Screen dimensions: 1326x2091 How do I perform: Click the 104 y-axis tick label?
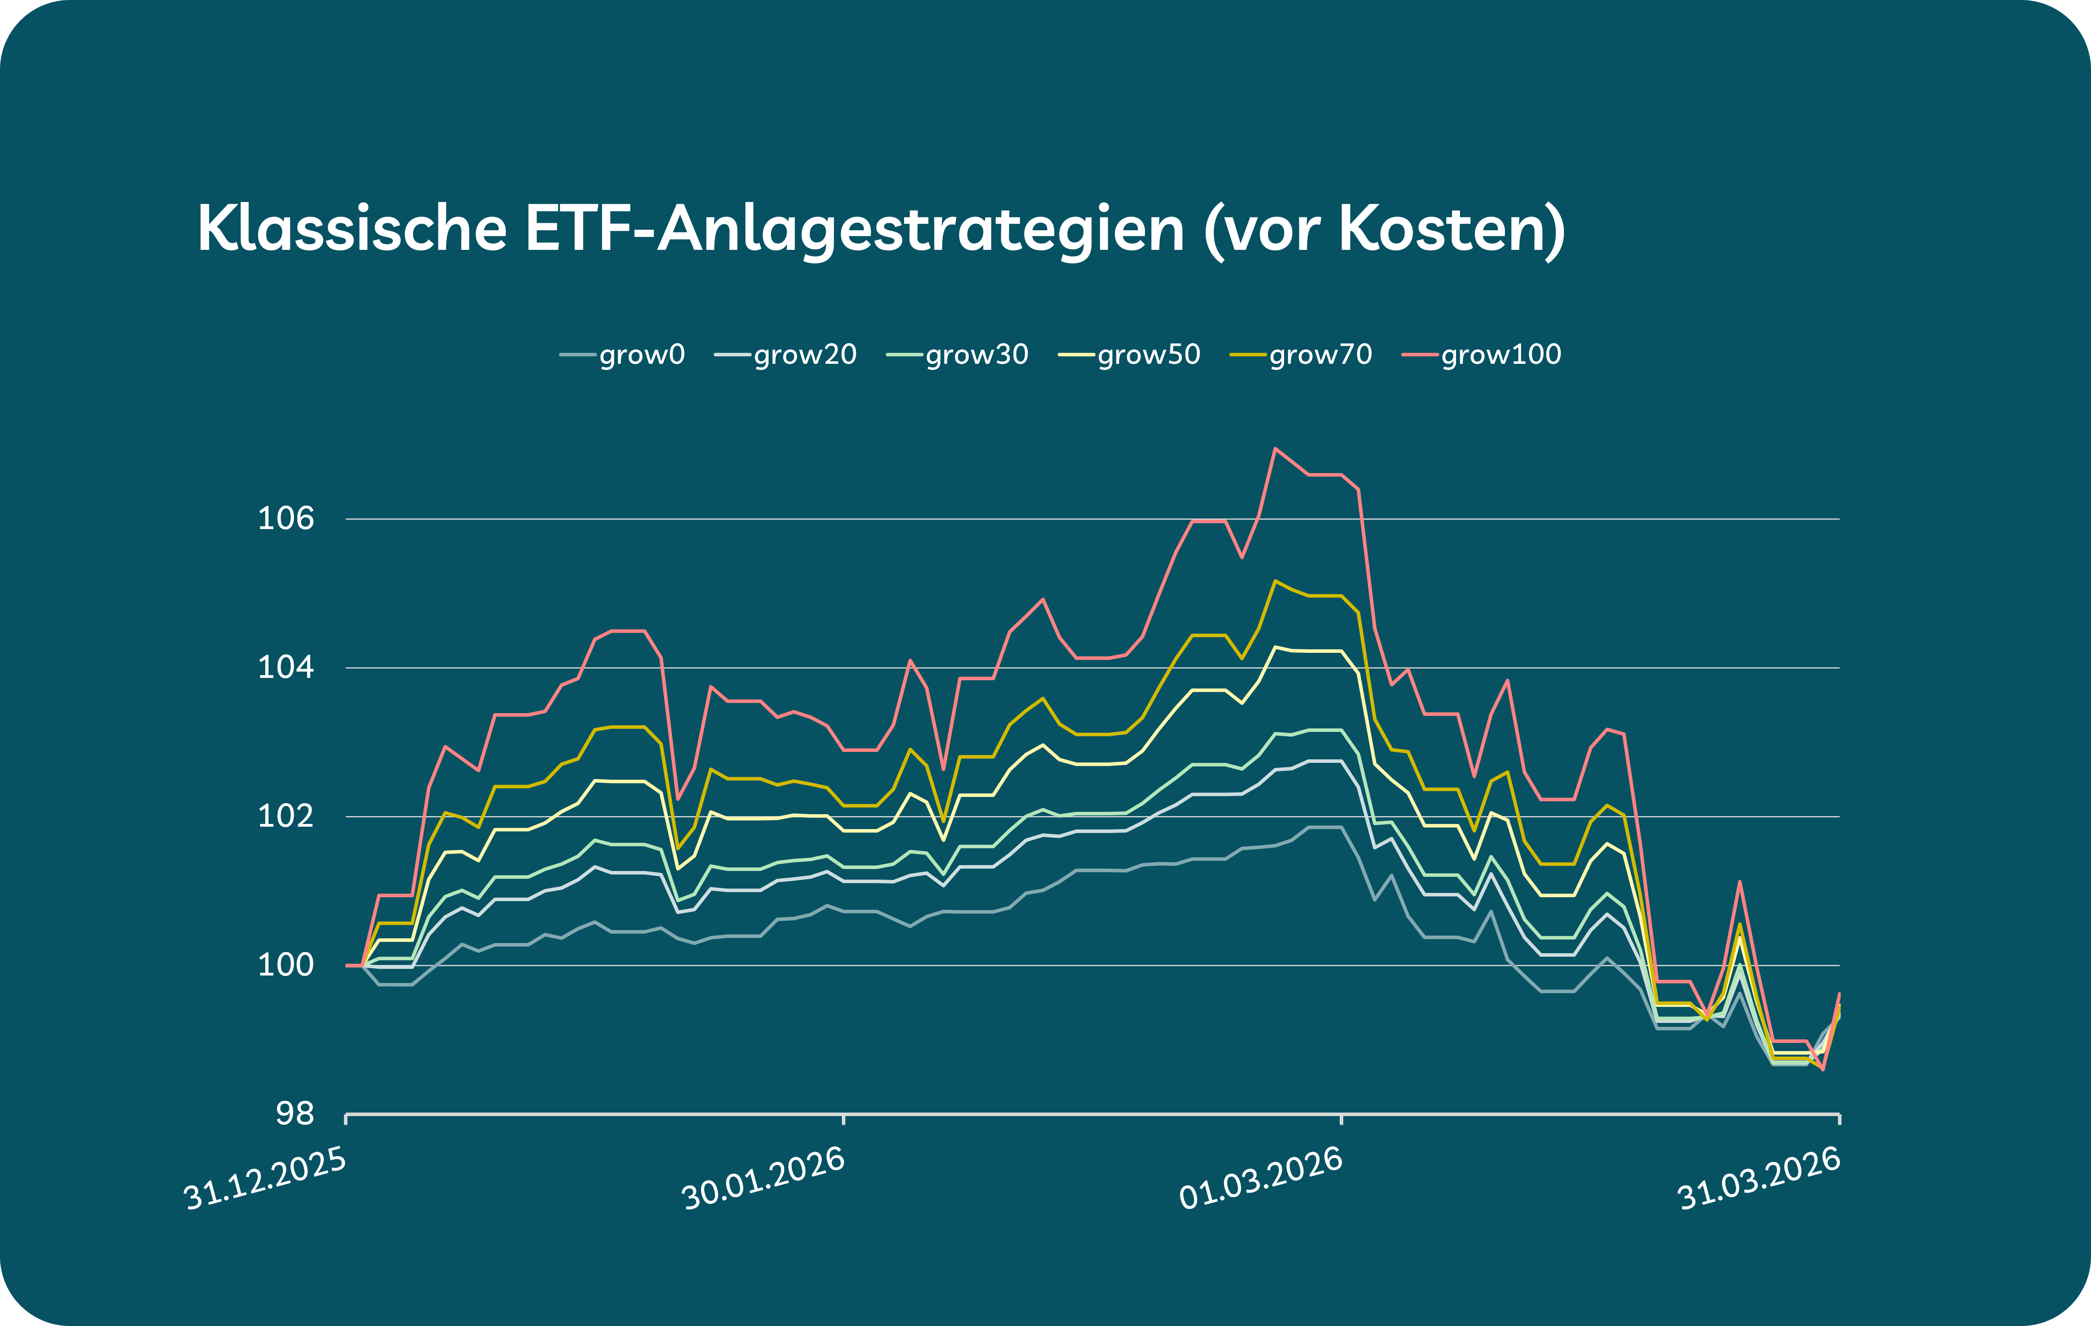pos(286,668)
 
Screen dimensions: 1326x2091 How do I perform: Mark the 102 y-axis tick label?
pos(286,816)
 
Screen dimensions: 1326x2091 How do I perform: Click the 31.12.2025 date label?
pos(265,1179)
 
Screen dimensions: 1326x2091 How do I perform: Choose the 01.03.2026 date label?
pos(1261,1179)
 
